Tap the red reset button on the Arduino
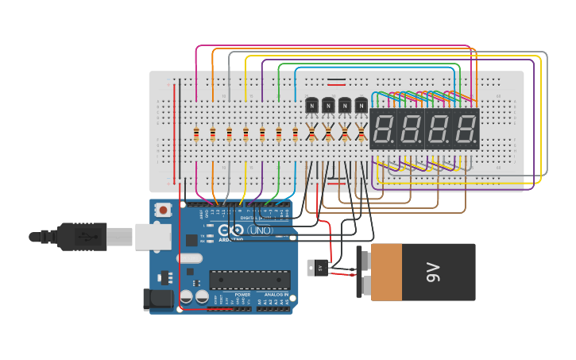[163, 211]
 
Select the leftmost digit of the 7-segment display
[384, 129]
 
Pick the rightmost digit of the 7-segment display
[465, 129]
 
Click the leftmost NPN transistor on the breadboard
[311, 105]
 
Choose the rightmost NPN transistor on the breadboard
[361, 105]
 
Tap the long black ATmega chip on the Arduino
[249, 279]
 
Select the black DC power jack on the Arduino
[157, 299]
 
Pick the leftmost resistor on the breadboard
[196, 134]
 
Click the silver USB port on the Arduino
[153, 236]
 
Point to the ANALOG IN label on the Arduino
[276, 294]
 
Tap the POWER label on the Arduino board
[242, 294]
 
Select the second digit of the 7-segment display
[411, 129]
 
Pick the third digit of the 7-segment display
[438, 129]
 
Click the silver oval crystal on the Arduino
[190, 257]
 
